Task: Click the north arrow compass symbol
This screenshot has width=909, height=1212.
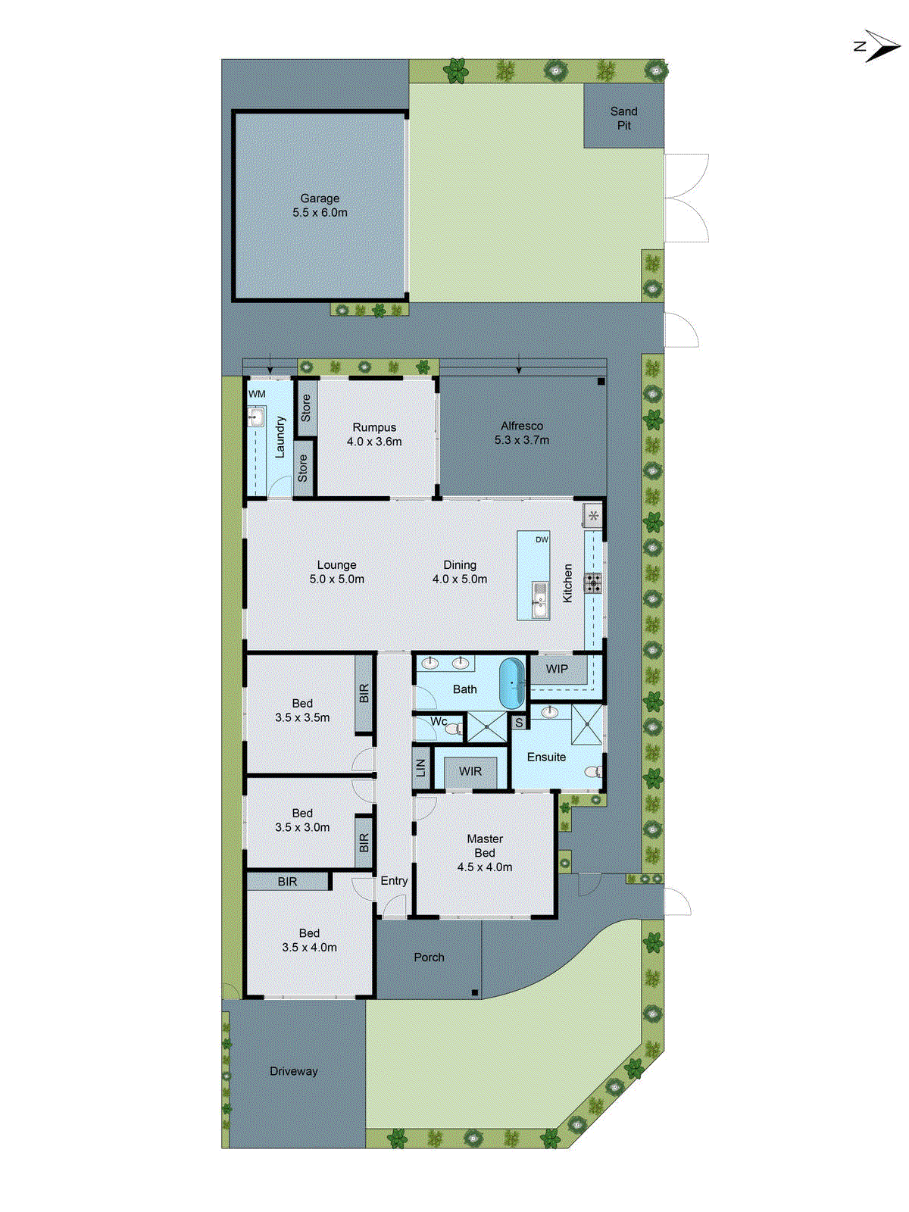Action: point(879,46)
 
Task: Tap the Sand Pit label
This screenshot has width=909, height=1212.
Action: point(623,118)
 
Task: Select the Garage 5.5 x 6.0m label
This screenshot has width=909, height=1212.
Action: point(320,205)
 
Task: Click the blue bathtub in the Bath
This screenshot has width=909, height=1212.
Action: point(512,683)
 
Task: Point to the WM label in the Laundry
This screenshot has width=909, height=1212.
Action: point(257,394)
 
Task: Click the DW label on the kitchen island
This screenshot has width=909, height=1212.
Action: point(542,539)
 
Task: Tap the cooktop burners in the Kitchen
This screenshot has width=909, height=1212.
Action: point(593,583)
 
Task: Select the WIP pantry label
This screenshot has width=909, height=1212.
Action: point(557,669)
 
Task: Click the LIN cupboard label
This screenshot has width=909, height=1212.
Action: point(421,767)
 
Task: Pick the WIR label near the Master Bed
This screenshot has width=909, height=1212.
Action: point(470,771)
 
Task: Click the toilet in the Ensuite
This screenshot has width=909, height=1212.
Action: point(593,772)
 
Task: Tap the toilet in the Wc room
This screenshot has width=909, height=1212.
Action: point(453,729)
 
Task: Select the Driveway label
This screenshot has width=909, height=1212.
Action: point(293,1071)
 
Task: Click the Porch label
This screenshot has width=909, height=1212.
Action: point(429,957)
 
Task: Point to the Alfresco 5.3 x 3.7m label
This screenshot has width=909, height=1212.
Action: point(522,433)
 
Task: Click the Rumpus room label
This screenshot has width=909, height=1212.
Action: point(374,434)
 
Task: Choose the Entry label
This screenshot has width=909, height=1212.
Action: point(394,881)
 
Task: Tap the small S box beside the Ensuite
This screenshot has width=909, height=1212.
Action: point(519,723)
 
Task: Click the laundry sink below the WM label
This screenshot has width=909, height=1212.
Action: point(255,417)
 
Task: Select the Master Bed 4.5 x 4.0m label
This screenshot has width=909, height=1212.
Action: point(485,853)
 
